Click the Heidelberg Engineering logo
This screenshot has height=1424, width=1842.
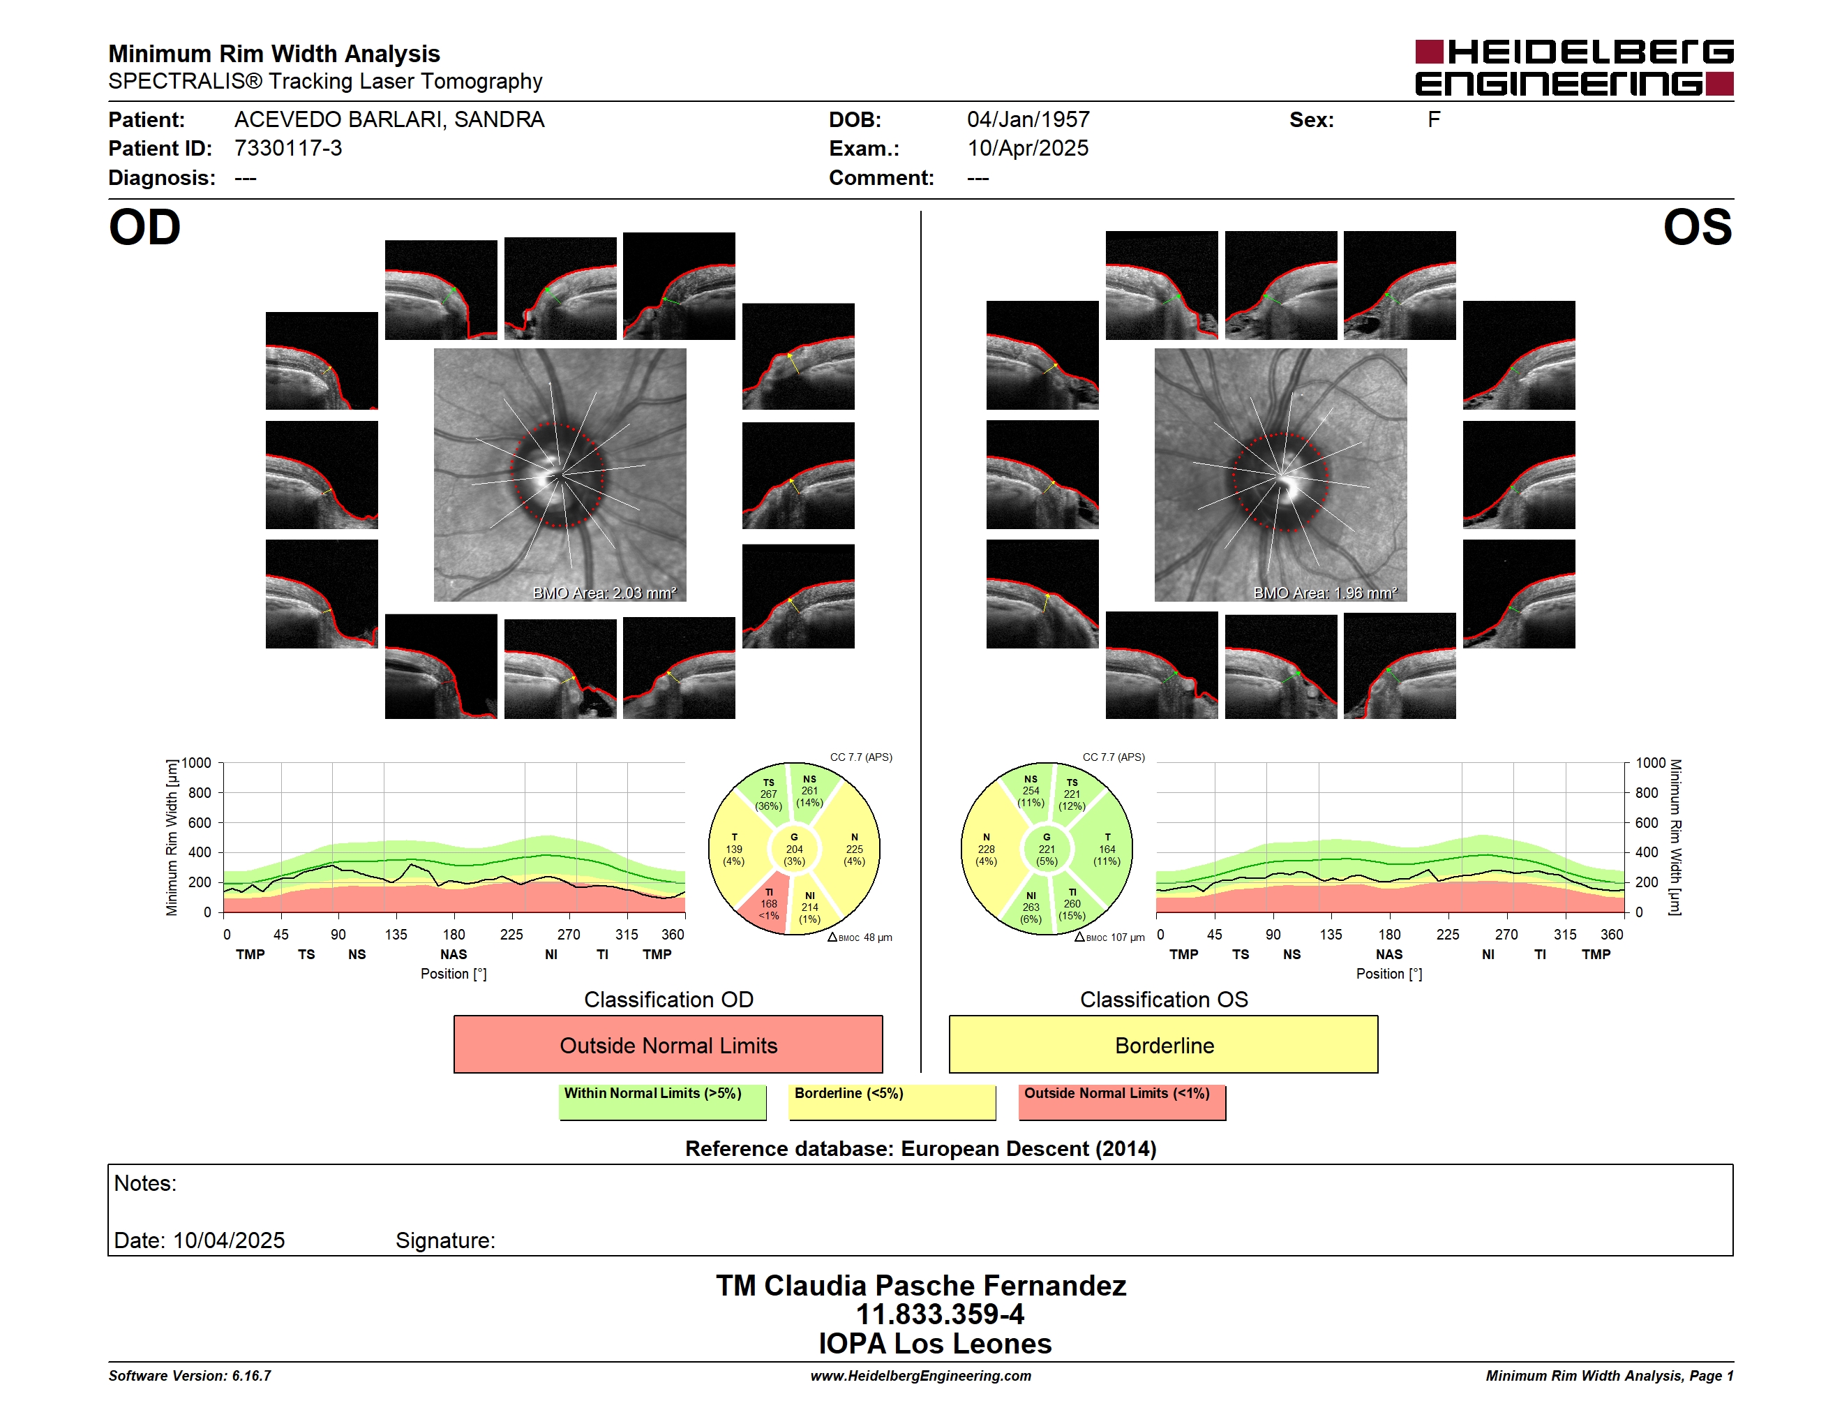(1574, 68)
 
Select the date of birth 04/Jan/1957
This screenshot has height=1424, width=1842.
(1028, 120)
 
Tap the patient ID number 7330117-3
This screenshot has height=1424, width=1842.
(288, 149)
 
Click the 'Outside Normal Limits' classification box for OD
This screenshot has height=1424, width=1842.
(668, 1044)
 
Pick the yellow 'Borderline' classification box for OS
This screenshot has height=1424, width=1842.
(1164, 1044)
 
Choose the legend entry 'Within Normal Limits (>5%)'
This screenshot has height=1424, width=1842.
(663, 1102)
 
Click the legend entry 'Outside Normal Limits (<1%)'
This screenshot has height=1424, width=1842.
(1123, 1102)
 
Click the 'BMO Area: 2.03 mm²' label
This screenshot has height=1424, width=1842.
(604, 593)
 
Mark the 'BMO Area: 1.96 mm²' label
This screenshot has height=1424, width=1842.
(1325, 593)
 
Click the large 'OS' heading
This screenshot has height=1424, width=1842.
(1698, 228)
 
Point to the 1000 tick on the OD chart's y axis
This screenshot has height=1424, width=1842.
(197, 763)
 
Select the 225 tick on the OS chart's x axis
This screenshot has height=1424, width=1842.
(1447, 935)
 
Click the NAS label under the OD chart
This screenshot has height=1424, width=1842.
(454, 954)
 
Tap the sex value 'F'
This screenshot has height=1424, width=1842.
(1434, 120)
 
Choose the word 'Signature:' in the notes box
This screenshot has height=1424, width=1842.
(445, 1240)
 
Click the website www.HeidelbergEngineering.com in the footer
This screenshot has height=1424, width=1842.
(921, 1376)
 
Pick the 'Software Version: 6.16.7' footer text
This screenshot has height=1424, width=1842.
(190, 1376)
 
